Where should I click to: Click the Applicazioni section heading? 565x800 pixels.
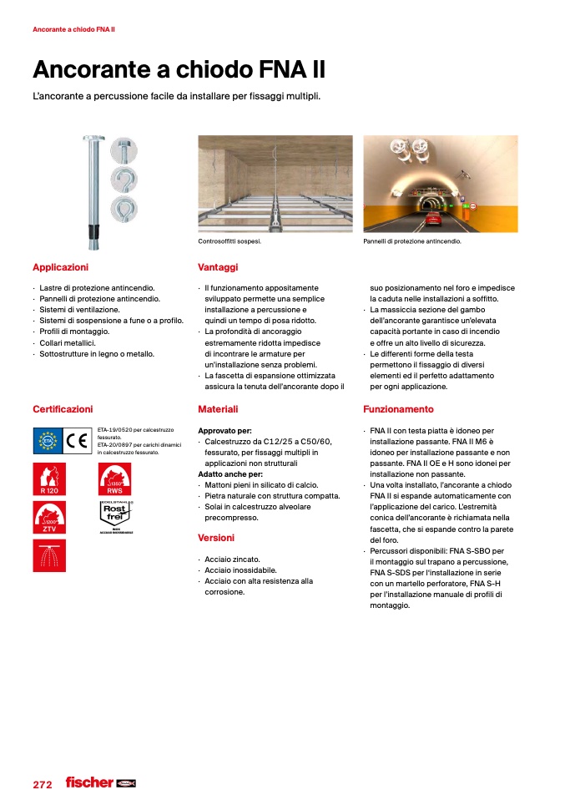coord(60,267)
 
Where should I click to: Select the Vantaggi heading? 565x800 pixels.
coord(218,267)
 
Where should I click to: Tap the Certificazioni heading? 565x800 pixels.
coord(63,409)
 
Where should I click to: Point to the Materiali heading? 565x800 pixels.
coord(218,409)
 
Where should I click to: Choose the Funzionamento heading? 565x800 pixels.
coord(398,409)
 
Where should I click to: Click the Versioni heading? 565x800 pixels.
coord(216,538)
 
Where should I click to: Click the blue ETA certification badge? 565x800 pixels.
coord(48,440)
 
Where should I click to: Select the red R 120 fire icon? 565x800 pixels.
coord(48,480)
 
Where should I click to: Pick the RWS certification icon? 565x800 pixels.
coord(115,480)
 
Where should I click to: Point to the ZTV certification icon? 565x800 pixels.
coord(48,518)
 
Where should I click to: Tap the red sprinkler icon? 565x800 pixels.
coord(48,555)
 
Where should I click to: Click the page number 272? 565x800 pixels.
coord(43,785)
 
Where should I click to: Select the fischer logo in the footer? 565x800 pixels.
coord(89,782)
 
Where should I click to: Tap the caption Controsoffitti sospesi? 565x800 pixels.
coord(230,241)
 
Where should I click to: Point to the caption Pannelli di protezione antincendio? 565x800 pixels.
coord(411,241)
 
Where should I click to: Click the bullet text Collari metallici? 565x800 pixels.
coord(68,343)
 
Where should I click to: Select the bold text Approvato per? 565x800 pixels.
coord(224,431)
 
